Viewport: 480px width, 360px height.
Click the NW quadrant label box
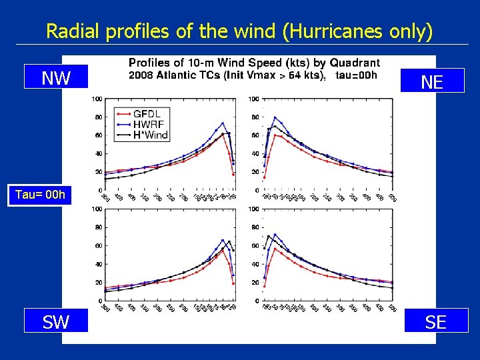(56, 78)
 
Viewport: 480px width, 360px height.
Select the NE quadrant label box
(432, 81)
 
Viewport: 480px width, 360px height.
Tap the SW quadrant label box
(56, 322)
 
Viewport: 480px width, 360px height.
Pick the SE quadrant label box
(435, 322)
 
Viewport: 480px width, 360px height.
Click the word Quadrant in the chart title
(351, 63)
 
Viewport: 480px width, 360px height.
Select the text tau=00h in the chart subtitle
(356, 74)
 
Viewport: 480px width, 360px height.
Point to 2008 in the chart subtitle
(141, 74)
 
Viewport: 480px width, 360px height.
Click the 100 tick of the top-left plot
(97, 99)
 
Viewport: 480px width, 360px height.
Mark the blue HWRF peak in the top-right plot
(275, 117)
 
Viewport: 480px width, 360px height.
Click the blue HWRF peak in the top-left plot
(223, 123)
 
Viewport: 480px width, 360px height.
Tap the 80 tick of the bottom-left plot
(97, 227)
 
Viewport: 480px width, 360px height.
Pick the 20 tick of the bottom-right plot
(255, 283)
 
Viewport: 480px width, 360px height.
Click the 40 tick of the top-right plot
(255, 154)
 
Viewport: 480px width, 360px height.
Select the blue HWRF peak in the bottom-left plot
(223, 240)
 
